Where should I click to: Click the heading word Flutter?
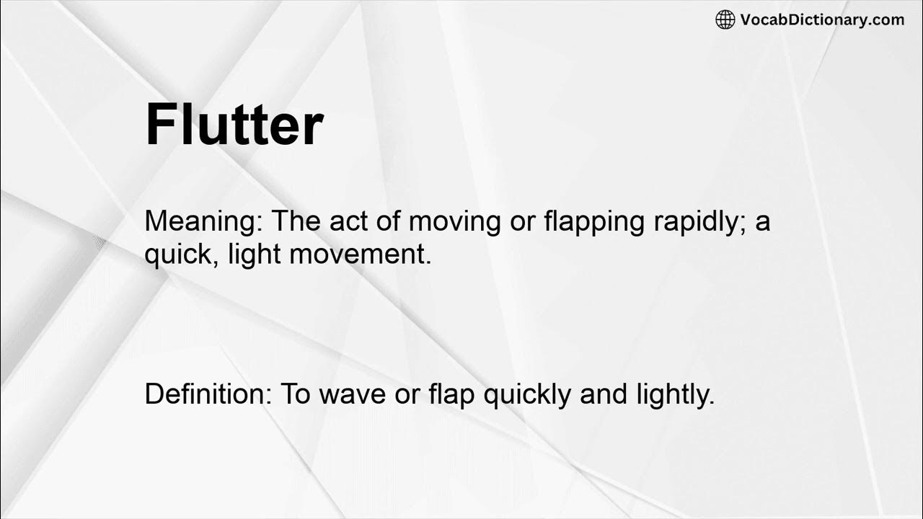(234, 125)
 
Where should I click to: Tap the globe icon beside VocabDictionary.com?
(725, 19)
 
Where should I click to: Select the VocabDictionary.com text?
(822, 19)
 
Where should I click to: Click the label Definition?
(206, 394)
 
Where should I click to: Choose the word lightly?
(674, 394)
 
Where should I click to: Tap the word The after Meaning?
(296, 221)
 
